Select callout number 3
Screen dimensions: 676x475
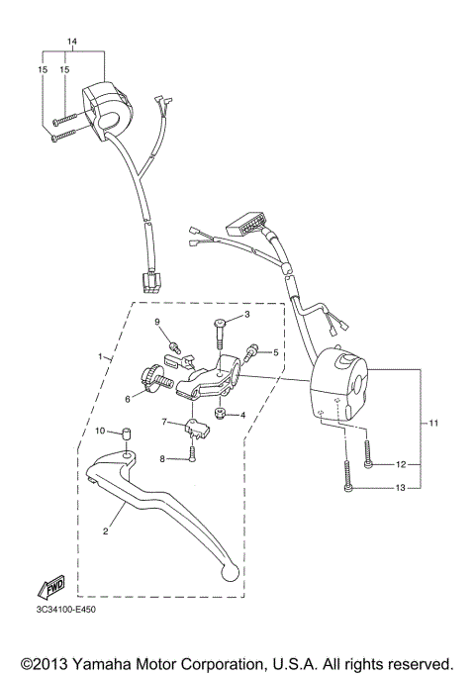coord(246,316)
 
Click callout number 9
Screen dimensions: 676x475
coord(155,323)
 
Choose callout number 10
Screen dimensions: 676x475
coord(99,432)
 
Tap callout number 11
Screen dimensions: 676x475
coord(433,424)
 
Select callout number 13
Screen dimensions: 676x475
coord(401,488)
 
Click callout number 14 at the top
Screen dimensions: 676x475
coord(70,41)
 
